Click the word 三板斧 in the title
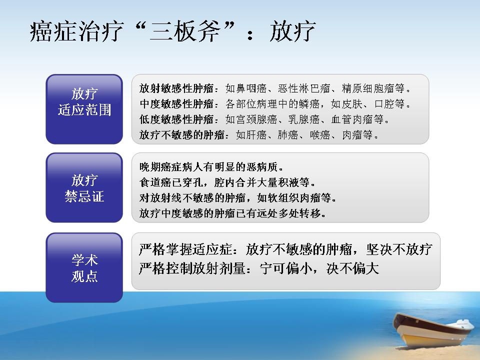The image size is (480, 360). point(185,31)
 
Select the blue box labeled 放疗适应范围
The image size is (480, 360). point(84,109)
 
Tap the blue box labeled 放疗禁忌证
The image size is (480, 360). point(84,187)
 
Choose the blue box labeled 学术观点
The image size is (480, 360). point(84,267)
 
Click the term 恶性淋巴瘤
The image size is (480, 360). point(304,88)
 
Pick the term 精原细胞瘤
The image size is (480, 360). point(368,88)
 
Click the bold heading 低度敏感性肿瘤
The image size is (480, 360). point(176,119)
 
